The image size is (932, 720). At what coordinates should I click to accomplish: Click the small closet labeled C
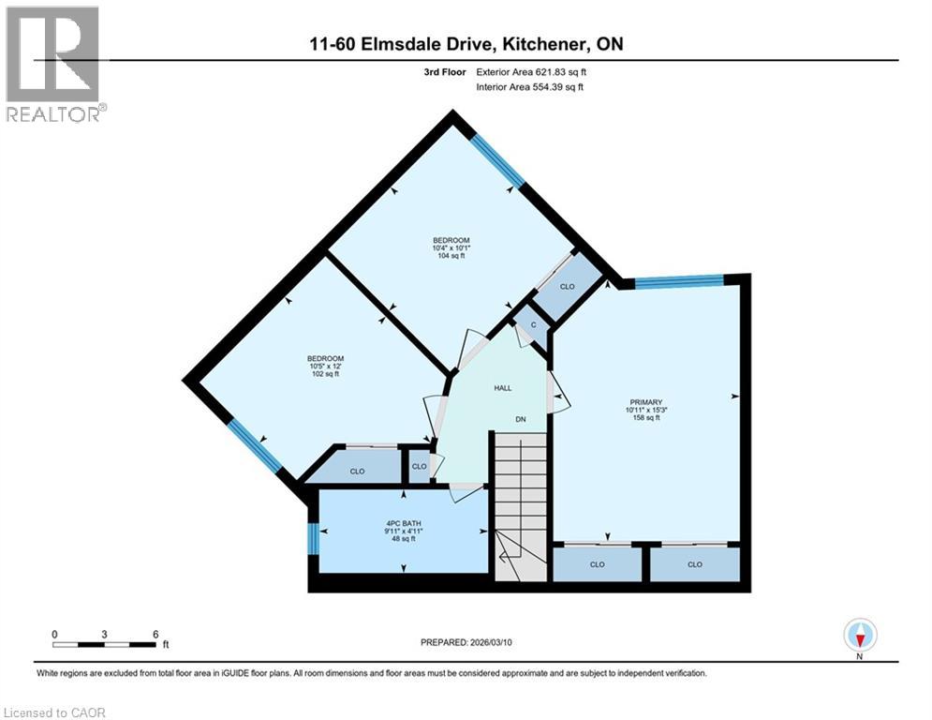click(532, 325)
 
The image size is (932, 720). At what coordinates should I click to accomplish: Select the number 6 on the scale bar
click(155, 633)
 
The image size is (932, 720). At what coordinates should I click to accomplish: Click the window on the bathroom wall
click(312, 539)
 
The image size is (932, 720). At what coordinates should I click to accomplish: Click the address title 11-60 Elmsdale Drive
click(466, 44)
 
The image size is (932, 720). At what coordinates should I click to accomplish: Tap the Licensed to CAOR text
click(53, 712)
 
